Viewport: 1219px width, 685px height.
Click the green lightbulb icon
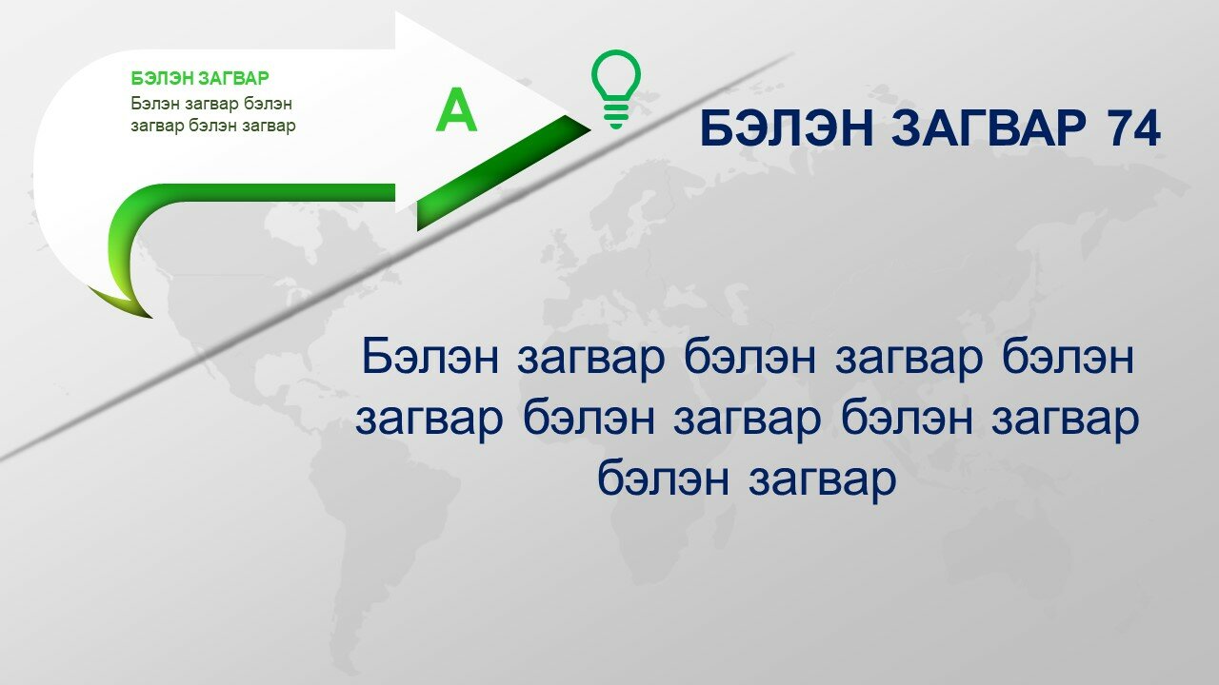pos(616,89)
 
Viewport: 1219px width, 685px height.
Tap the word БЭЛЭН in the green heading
pos(162,78)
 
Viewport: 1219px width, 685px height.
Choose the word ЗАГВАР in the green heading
pos(233,78)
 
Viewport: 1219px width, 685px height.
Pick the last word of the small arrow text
pos(270,127)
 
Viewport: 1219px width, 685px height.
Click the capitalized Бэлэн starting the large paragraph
pos(430,357)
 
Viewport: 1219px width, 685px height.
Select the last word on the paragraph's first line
pos(1068,357)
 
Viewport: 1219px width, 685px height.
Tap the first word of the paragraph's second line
pos(429,420)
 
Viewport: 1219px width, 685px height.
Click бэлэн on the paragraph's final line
pos(664,479)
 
